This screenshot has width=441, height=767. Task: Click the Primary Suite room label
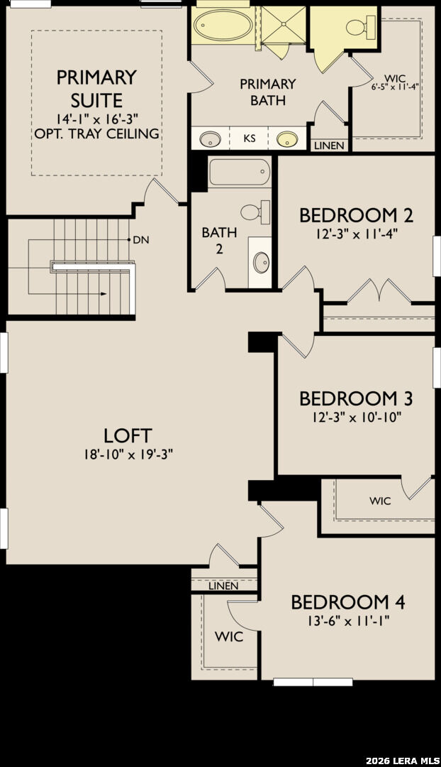click(x=96, y=89)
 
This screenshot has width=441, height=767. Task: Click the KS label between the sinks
click(x=250, y=138)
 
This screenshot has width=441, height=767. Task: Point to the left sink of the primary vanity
click(x=210, y=139)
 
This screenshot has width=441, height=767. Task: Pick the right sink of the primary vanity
click(x=287, y=139)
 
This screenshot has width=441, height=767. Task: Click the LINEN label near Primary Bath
click(x=329, y=146)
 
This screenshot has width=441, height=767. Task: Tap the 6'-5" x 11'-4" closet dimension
click(x=395, y=87)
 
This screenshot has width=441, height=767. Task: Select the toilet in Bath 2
click(x=255, y=212)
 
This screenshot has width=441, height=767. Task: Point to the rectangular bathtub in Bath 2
click(x=240, y=172)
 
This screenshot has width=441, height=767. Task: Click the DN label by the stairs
click(x=141, y=240)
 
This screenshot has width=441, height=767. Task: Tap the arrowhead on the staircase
click(x=104, y=293)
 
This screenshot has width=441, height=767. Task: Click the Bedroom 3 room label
click(x=356, y=398)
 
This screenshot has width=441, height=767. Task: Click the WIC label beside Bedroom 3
click(x=380, y=501)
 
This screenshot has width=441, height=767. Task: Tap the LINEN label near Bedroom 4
click(x=223, y=586)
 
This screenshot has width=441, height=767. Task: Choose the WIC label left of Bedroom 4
click(x=229, y=637)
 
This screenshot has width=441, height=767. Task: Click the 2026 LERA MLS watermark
click(x=398, y=761)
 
